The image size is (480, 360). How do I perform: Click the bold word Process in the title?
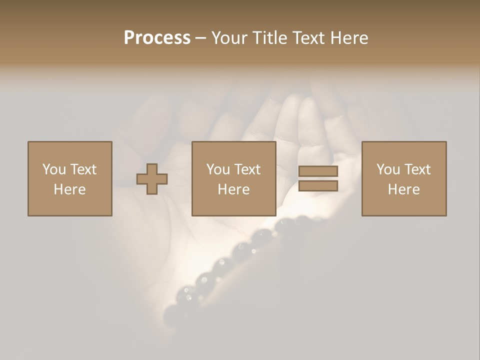coord(157,38)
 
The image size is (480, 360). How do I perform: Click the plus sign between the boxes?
coord(152,179)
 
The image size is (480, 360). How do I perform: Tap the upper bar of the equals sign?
coord(318,171)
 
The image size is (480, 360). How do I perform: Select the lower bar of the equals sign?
coord(318,186)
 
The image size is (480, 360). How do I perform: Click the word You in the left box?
coord(54,169)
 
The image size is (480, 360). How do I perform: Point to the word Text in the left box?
coord(83,169)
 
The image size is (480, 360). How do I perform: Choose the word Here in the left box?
coord(69,189)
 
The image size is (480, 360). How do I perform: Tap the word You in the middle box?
coord(218,169)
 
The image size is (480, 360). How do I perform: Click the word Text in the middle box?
coord(247,169)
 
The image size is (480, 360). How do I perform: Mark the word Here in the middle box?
coord(233,189)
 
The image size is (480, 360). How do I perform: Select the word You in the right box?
coord(388,169)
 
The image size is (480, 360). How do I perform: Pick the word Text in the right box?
coord(417,169)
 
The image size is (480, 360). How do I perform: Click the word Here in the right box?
coord(403,189)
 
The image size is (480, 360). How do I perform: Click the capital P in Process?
coord(130,38)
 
